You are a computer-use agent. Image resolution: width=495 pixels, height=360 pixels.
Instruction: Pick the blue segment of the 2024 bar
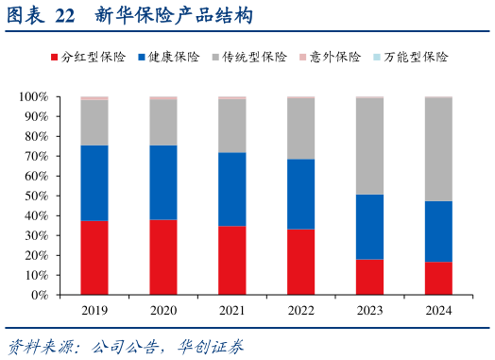[x=438, y=231]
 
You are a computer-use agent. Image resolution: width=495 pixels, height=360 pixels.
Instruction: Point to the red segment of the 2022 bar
[x=300, y=262]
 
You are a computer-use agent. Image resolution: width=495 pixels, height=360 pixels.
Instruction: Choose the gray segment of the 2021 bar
[x=231, y=126]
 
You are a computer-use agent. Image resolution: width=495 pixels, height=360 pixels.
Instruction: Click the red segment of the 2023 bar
[x=369, y=277]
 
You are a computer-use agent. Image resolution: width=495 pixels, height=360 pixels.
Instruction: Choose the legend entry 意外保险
[x=334, y=58]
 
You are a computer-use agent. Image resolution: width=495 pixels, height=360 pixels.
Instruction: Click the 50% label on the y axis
[x=38, y=196]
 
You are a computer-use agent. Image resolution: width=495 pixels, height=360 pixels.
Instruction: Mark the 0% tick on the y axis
[x=42, y=295]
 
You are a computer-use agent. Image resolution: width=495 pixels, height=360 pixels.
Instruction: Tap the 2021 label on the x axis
[x=231, y=310]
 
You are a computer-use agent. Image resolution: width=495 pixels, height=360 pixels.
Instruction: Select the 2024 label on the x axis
[x=438, y=310]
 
